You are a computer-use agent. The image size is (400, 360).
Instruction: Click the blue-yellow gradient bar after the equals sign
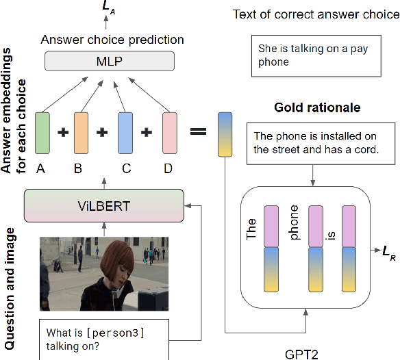pyautogui.click(x=225, y=133)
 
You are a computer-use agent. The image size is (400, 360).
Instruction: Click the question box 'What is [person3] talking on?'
pyautogui.click(x=105, y=339)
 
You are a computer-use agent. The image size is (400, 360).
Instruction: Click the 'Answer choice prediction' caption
pyautogui.click(x=112, y=40)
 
